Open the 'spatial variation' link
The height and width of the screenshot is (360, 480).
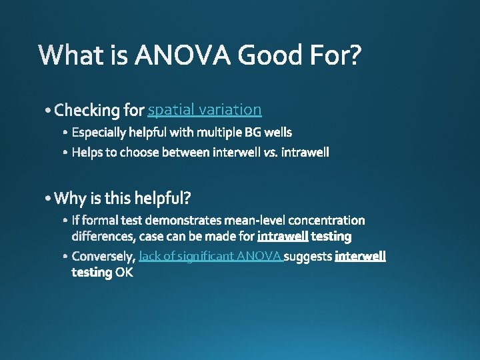205,109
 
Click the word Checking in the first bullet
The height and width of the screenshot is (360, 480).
87,109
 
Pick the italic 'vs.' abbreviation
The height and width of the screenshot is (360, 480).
270,153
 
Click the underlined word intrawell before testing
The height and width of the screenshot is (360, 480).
283,236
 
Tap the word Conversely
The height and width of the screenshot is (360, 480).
103,257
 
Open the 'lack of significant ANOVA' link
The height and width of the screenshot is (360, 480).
211,257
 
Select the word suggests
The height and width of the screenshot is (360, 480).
309,257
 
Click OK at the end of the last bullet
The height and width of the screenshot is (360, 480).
124,273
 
